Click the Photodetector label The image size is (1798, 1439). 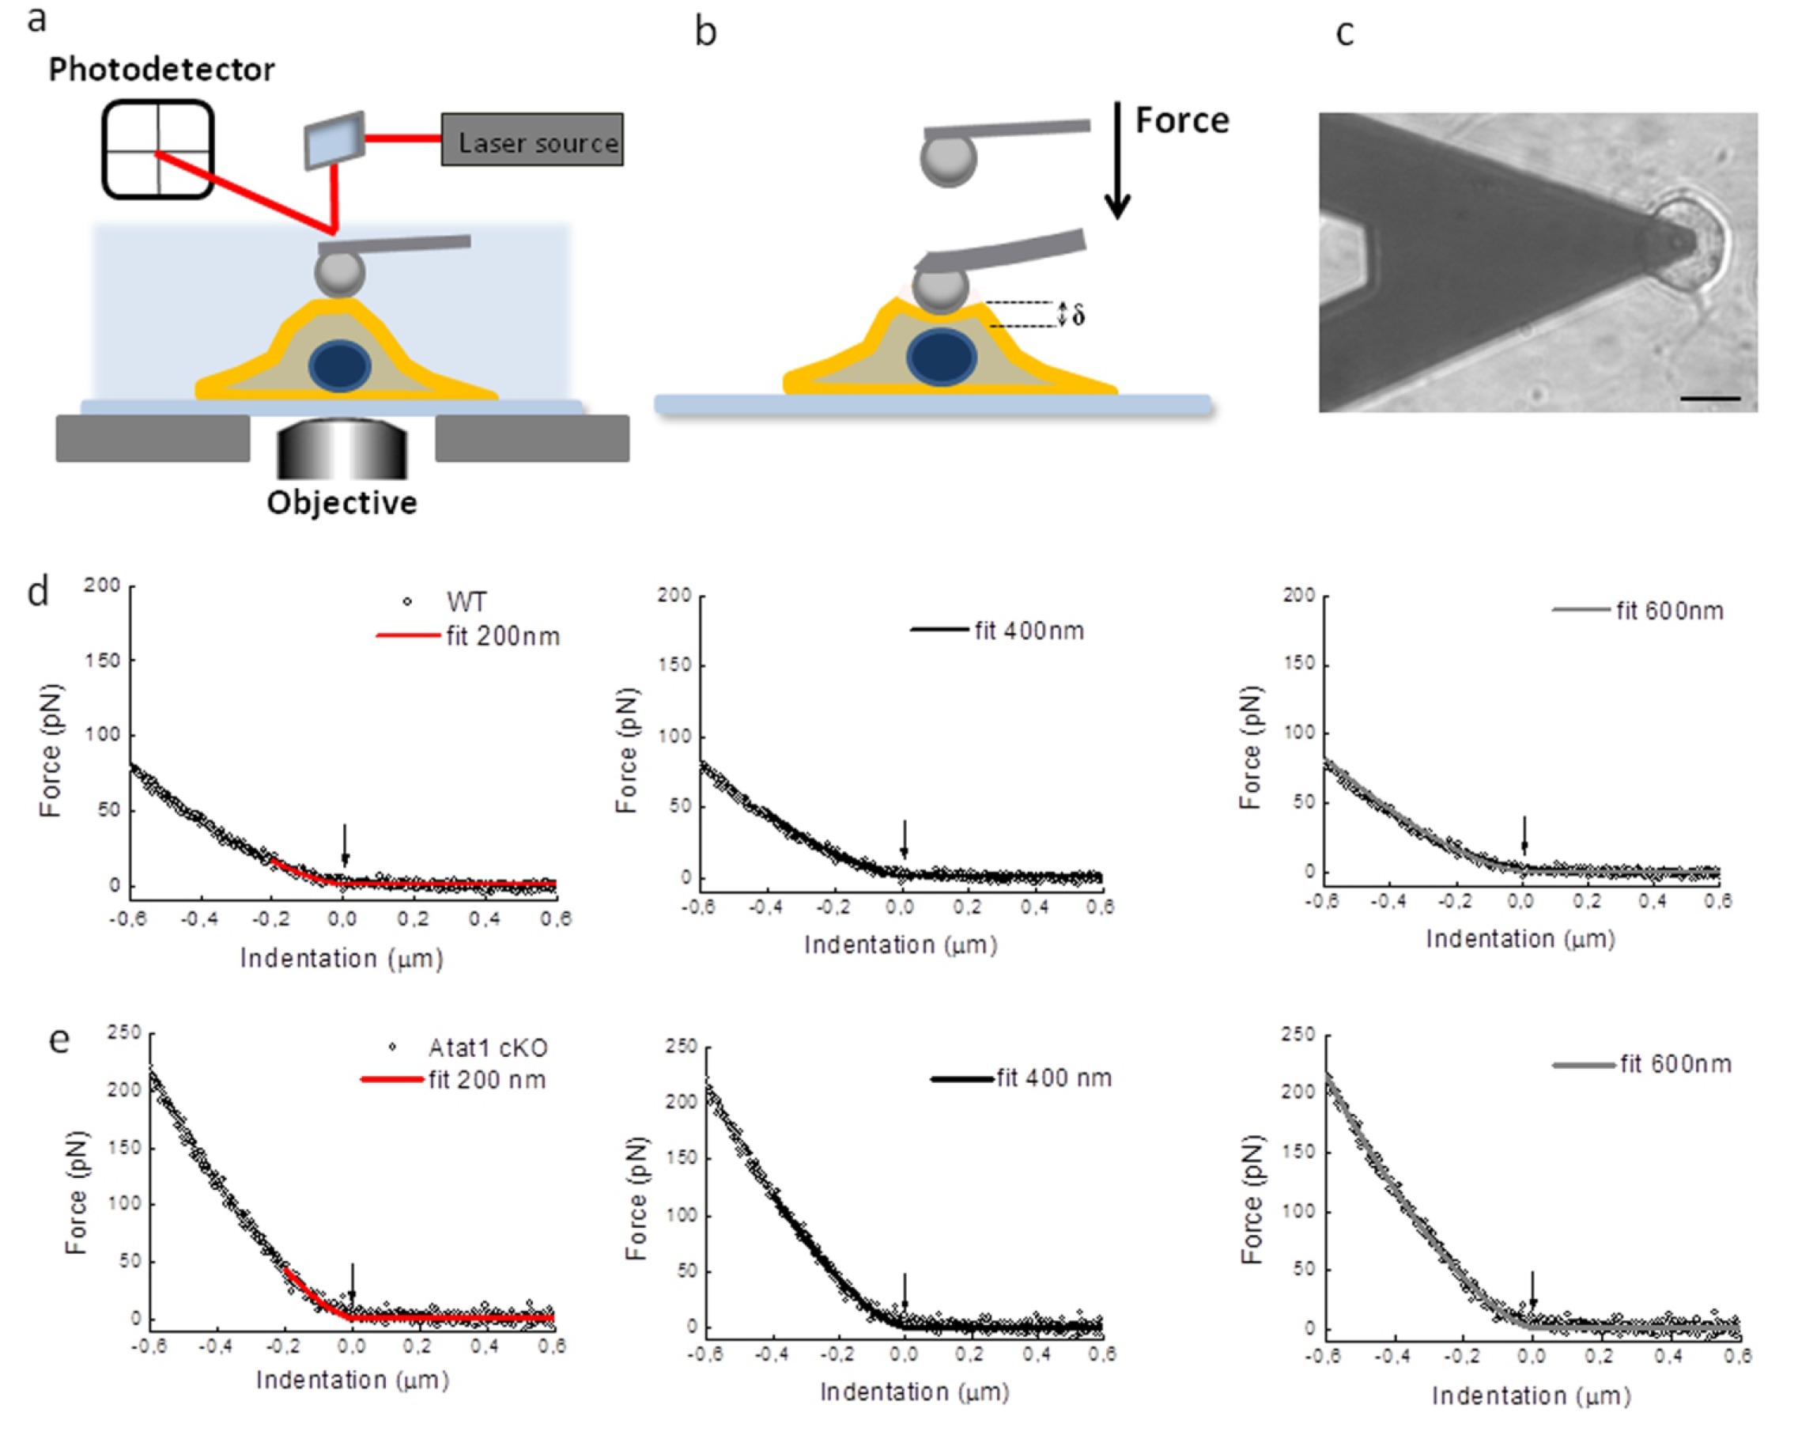[161, 70]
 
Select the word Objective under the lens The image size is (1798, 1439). [341, 503]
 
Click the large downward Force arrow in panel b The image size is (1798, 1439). [1117, 158]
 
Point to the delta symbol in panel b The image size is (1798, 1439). [1079, 316]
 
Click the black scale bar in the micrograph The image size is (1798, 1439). [1709, 399]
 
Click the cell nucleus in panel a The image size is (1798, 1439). [340, 365]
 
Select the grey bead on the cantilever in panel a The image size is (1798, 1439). [339, 272]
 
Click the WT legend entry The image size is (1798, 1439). [466, 601]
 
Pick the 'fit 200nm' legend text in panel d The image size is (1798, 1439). [502, 637]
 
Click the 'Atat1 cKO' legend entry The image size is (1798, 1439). [487, 1047]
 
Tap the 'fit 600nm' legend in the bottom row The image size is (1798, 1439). [1675, 1065]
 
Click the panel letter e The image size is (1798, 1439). [59, 1040]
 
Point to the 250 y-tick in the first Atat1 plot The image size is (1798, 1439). [123, 1032]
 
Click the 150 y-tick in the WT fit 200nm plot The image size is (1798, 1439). [102, 660]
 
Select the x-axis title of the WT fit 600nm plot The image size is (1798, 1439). [1520, 939]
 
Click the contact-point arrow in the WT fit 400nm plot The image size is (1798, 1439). [904, 838]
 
